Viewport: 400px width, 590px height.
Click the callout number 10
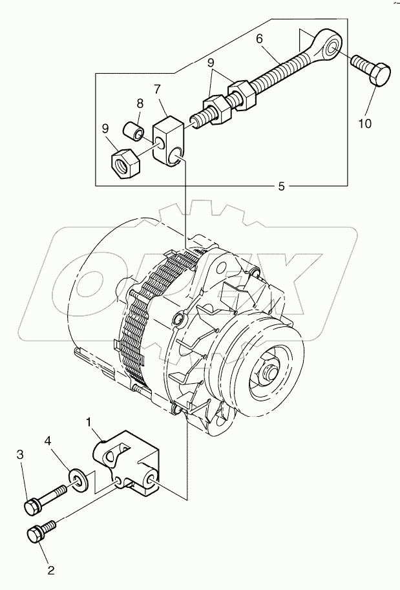[364, 123]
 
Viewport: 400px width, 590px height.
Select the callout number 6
[259, 39]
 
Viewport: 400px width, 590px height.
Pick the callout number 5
[281, 186]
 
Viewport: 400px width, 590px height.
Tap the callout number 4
[65, 442]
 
